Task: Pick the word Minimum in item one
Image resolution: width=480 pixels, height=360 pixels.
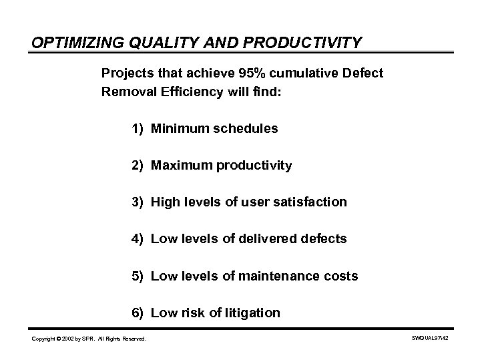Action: coord(178,128)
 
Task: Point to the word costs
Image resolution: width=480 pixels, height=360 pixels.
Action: coord(341,276)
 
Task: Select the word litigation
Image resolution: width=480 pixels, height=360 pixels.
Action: coord(253,313)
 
